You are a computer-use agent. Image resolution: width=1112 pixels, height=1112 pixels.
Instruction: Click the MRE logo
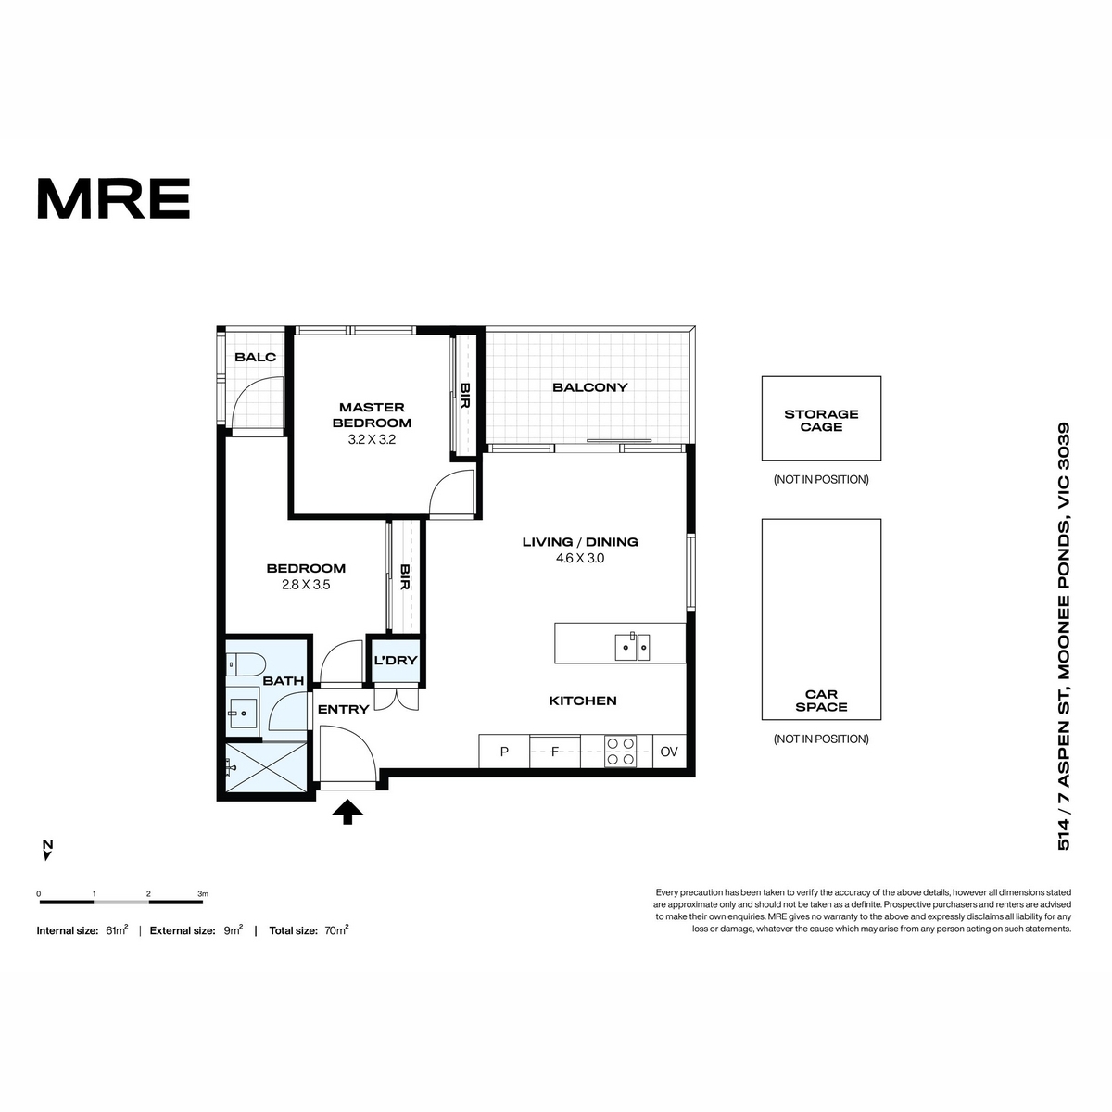pos(114,198)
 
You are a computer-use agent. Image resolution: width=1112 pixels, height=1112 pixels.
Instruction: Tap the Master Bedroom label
pos(372,415)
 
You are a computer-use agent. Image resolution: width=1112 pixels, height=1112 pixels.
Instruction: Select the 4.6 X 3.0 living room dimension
pos(580,558)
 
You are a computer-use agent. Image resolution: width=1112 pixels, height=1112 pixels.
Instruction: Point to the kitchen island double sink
pos(632,646)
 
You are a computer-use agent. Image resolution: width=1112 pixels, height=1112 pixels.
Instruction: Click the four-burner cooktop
pos(620,752)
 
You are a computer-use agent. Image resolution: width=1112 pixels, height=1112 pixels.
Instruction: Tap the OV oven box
pos(669,752)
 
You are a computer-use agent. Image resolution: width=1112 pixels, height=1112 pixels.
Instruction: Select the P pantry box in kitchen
pos(504,752)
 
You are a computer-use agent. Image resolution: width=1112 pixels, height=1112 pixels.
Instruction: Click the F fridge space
pos(555,752)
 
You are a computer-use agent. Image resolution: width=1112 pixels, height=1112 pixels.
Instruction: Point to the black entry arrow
pos(347,812)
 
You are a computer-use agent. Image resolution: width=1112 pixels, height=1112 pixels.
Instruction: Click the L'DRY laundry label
pos(396,660)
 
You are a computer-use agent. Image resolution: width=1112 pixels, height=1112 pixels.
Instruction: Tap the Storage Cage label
pos(821,420)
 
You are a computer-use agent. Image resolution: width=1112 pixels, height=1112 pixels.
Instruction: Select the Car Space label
pos(821,701)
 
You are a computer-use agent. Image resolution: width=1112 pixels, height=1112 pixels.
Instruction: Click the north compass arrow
pos(47,854)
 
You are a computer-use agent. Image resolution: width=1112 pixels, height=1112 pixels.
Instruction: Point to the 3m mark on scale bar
pos(203,894)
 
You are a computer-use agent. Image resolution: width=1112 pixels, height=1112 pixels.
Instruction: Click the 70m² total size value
pos(337,930)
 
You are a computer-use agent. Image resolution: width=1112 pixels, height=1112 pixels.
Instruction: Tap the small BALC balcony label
pos(255,357)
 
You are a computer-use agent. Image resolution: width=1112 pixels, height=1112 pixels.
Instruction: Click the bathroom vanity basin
pos(243,713)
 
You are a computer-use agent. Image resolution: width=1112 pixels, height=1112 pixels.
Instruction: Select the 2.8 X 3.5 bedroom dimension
pos(306,585)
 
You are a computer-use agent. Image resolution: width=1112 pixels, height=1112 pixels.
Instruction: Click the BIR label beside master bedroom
pos(465,396)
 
